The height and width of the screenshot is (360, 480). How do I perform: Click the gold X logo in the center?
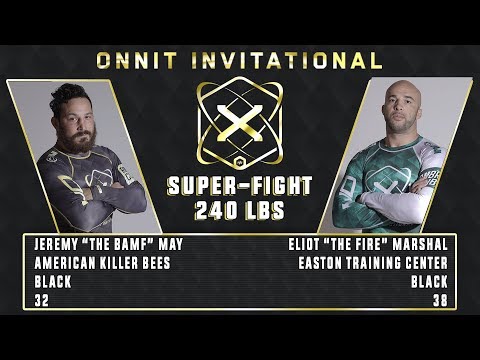(240, 124)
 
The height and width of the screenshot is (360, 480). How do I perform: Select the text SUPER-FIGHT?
(240, 187)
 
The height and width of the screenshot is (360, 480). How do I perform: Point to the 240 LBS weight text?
(240, 210)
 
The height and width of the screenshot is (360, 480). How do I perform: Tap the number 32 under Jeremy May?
(37, 299)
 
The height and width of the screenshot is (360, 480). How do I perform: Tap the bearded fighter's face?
(72, 115)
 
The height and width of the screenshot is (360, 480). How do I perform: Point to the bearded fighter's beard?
(75, 135)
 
